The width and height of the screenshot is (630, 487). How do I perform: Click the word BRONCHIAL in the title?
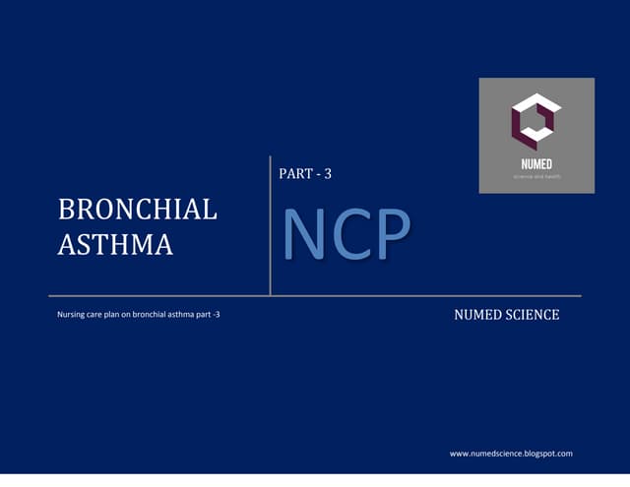point(137,210)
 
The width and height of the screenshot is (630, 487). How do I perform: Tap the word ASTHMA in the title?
point(115,244)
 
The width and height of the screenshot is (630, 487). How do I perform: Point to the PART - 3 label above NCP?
point(306,174)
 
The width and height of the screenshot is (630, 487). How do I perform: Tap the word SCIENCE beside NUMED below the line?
point(533,315)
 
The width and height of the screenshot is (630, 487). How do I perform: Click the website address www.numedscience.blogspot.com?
point(511,454)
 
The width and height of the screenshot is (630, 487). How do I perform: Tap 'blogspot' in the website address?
point(535,454)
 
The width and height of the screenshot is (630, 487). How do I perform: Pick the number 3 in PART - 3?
point(327,174)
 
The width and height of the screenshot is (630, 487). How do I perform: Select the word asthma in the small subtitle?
point(191,316)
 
